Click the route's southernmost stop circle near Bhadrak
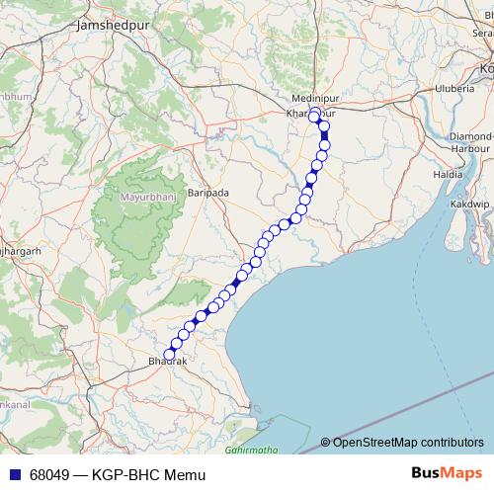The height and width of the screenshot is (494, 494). [169, 353]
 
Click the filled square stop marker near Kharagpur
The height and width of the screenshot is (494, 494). [324, 136]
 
